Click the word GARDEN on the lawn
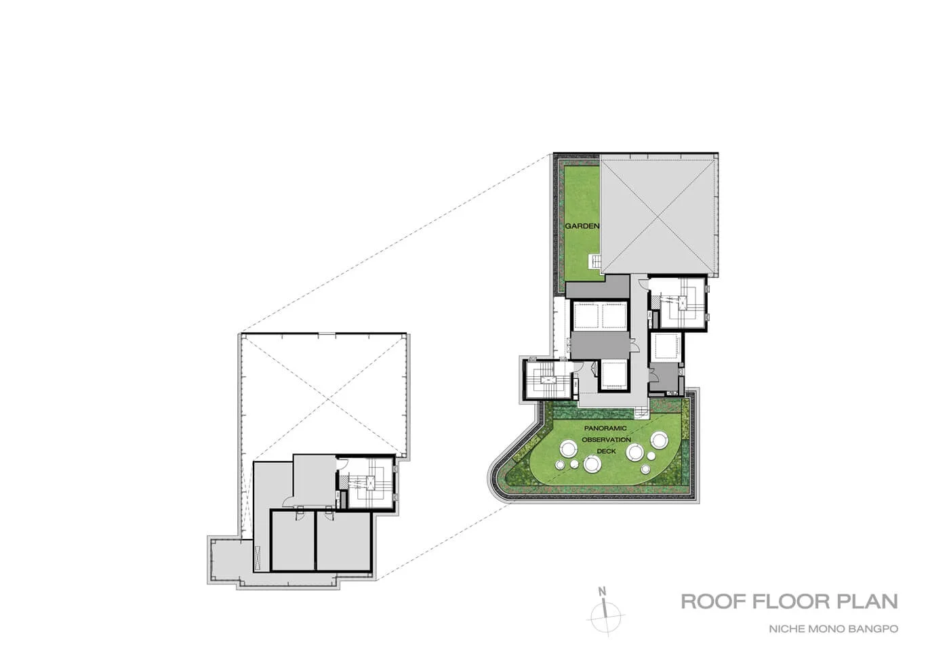click(582, 226)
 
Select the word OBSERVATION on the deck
click(606, 440)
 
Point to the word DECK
click(606, 451)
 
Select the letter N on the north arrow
click(602, 591)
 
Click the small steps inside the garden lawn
click(594, 262)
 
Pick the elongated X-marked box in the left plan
click(258, 558)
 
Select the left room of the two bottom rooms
click(293, 542)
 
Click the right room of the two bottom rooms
click(344, 542)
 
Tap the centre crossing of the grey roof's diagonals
click(658, 216)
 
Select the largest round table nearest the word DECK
click(591, 463)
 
